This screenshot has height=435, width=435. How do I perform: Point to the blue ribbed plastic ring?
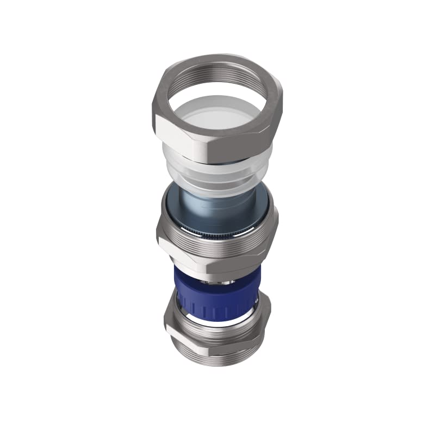tap(217, 296)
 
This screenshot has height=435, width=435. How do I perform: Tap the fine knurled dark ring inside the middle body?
tap(217, 234)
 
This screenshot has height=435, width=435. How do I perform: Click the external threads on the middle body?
tap(217, 245)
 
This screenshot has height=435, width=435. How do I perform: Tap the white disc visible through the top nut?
tap(217, 117)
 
